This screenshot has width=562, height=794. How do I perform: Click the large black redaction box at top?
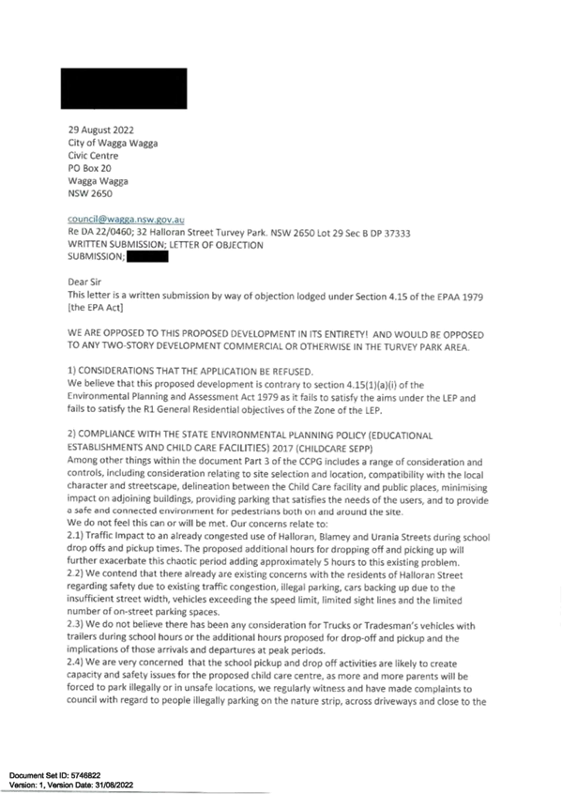[124, 88]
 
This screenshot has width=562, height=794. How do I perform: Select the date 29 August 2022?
[100, 130]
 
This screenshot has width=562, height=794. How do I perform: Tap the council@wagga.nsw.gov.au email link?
[126, 220]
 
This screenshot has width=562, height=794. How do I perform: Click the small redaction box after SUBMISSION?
[147, 257]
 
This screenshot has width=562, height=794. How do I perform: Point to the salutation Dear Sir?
[84, 282]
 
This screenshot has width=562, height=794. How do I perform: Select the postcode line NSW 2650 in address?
[90, 193]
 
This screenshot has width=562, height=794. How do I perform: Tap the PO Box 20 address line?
[90, 168]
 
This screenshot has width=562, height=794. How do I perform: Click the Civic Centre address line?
[93, 156]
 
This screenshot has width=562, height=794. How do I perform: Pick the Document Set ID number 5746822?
[85, 775]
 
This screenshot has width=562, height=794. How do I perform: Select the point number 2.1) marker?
[75, 536]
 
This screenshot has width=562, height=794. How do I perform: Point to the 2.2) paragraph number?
[75, 573]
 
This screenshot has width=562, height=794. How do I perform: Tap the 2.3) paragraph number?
[75, 625]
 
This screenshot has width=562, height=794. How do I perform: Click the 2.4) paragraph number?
[75, 663]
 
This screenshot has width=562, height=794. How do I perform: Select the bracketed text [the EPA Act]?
[95, 308]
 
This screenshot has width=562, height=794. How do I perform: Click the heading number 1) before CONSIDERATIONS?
[71, 371]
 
